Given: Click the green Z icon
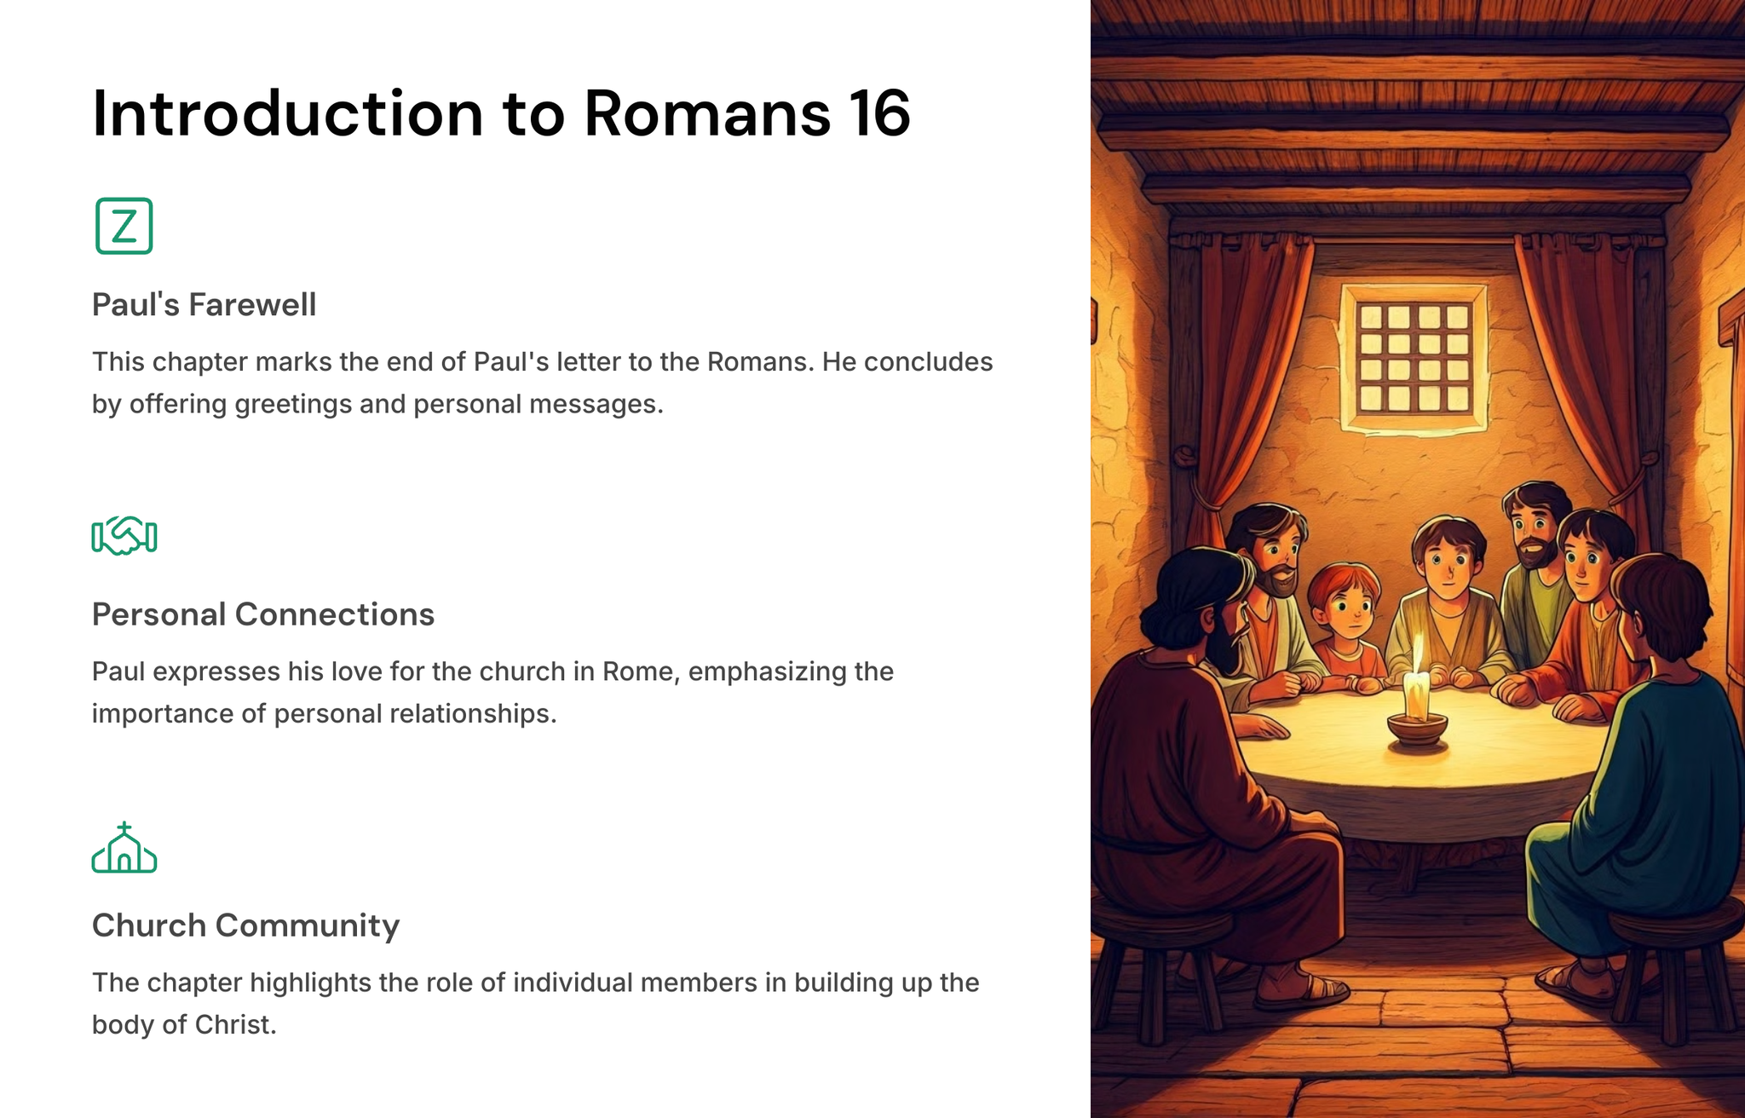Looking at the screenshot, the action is [x=124, y=226].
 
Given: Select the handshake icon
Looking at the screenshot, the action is [x=124, y=536].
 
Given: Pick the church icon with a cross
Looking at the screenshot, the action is [x=124, y=848].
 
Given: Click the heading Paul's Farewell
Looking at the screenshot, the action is [x=204, y=304].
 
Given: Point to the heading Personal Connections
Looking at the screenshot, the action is [x=263, y=614].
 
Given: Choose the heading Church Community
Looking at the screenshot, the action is [x=245, y=925].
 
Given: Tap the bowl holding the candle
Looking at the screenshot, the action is [x=1417, y=729].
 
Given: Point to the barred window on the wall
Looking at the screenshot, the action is [x=1414, y=358].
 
